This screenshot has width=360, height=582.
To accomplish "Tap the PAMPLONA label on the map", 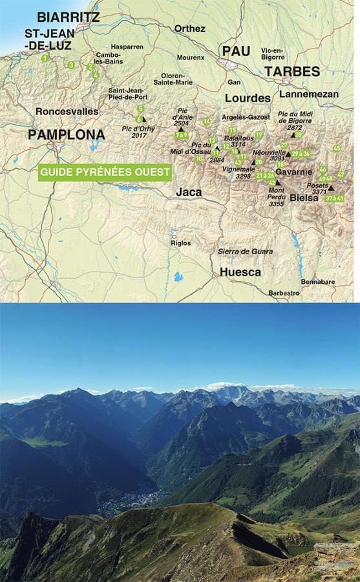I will pyautogui.click(x=66, y=135).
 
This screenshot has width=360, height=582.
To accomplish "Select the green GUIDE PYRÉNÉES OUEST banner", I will pyautogui.click(x=105, y=173).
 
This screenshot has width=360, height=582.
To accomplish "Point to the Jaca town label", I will pyautogui.click(x=189, y=192).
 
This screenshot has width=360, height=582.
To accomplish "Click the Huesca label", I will pyautogui.click(x=240, y=272).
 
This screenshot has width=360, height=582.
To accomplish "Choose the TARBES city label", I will pyautogui.click(x=291, y=71).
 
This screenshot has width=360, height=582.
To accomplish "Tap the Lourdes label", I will pyautogui.click(x=248, y=98).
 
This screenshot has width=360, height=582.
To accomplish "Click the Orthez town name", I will pyautogui.click(x=189, y=28).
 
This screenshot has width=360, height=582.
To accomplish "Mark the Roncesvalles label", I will pyautogui.click(x=67, y=111).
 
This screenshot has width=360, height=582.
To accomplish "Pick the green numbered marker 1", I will pyautogui.click(x=45, y=58).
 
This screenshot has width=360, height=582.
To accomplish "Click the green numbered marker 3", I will pyautogui.click(x=71, y=65).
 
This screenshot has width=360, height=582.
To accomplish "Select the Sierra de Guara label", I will pyautogui.click(x=245, y=252).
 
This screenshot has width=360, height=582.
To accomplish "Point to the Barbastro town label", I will pyautogui.click(x=284, y=293).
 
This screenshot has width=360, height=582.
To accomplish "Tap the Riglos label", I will pyautogui.click(x=180, y=243).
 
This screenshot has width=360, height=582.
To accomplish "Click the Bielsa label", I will pyautogui.click(x=304, y=198).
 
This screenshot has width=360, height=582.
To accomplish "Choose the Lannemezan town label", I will pyautogui.click(x=309, y=94).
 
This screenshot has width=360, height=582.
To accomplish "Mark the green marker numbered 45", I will pyautogui.click(x=337, y=148).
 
